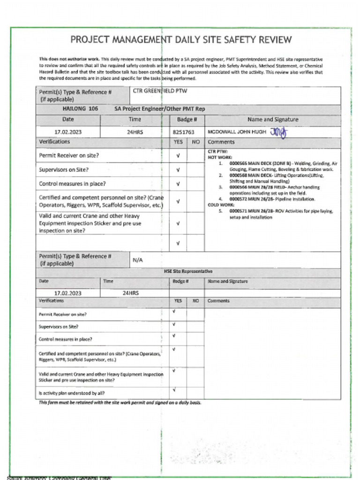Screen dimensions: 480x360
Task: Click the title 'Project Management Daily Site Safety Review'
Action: (180, 40)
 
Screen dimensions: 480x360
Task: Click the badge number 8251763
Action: (183, 132)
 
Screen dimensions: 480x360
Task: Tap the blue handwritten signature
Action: (278, 132)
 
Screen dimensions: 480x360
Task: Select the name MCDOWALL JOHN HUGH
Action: (236, 132)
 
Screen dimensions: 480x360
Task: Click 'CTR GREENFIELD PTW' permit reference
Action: (159, 91)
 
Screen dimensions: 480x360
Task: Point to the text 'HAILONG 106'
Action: (80, 108)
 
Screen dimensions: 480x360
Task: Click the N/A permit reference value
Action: (138, 260)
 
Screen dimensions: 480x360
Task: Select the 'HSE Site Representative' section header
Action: (188, 271)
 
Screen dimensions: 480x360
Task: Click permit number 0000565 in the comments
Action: (238, 163)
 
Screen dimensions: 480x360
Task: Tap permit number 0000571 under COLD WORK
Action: (238, 211)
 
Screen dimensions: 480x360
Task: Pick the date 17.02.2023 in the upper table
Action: (68, 132)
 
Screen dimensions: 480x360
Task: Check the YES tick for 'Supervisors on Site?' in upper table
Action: (178, 170)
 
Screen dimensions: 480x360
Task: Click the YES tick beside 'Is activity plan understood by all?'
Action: (173, 390)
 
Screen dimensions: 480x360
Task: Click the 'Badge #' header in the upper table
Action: (187, 120)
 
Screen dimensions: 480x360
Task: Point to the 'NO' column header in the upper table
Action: (196, 142)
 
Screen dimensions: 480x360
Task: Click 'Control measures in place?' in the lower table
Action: (65, 339)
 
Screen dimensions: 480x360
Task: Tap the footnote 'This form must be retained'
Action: (120, 403)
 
